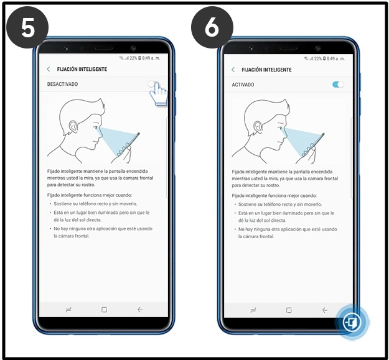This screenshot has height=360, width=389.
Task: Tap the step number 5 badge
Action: tap(27, 28)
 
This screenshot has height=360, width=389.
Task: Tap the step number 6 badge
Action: tap(212, 28)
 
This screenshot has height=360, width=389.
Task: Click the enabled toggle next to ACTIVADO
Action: tap(338, 85)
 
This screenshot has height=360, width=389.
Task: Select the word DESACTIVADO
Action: tap(62, 84)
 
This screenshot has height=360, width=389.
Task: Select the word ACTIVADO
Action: tap(243, 85)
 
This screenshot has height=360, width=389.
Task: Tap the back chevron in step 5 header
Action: tap(49, 69)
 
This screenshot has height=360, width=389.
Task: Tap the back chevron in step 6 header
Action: tap(233, 70)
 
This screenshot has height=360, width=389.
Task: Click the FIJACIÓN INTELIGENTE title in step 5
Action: tap(82, 69)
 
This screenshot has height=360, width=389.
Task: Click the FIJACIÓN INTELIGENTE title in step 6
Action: tap(266, 70)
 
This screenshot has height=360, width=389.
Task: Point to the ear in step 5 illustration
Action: tap(73, 126)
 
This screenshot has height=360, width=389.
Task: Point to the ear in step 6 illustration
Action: tap(258, 127)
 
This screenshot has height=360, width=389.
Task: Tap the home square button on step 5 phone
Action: tap(104, 310)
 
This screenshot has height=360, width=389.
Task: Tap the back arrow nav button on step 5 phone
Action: tap(140, 310)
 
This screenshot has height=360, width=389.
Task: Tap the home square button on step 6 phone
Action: tap(289, 310)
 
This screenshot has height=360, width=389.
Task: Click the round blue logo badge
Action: tap(352, 322)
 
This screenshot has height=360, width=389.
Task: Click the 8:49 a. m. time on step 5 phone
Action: tap(151, 58)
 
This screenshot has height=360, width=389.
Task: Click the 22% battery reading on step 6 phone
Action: tap(318, 58)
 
